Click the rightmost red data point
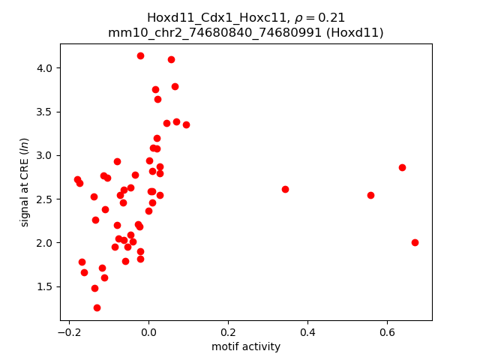tap(415, 242)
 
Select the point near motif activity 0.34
tap(285, 189)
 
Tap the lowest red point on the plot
tap(97, 307)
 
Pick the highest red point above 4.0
tap(140, 55)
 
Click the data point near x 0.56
tap(370, 195)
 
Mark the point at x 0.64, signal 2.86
tap(402, 167)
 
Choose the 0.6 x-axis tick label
tap(387, 331)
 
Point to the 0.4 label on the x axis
tap(307, 331)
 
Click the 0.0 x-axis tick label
tap(148, 331)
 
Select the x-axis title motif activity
tap(246, 346)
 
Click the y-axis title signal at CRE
tap(24, 182)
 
